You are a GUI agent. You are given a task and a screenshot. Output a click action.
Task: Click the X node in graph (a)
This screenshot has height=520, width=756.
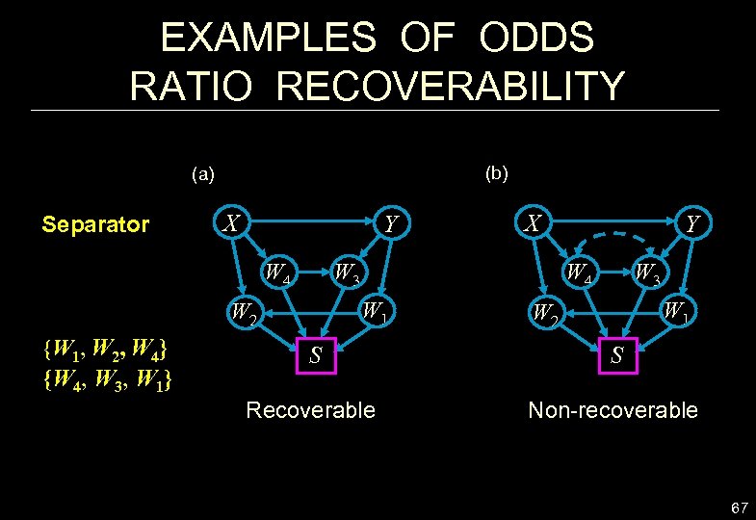231,223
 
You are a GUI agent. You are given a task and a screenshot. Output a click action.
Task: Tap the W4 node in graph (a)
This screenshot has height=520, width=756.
279,273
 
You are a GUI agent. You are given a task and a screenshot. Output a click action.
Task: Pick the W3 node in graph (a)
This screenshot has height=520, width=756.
346,273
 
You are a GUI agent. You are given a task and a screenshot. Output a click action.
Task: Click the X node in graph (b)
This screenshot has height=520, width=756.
532,223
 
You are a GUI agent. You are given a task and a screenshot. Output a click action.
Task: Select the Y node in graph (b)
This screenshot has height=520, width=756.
691,225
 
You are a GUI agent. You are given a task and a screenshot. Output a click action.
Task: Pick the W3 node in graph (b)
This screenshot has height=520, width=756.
646,273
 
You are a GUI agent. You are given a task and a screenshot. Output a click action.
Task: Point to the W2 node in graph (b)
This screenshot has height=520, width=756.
544,312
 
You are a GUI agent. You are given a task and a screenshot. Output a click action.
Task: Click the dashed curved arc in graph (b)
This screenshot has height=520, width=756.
612,236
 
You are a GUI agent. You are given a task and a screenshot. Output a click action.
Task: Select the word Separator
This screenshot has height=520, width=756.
95,225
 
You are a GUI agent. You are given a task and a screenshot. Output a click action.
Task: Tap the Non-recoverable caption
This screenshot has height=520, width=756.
613,410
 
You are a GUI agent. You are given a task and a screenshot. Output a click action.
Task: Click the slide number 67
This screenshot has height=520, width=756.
739,507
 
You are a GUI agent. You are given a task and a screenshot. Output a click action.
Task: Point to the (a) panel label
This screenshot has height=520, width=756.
203,174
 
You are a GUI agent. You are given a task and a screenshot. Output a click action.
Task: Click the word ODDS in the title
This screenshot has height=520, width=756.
526,39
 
